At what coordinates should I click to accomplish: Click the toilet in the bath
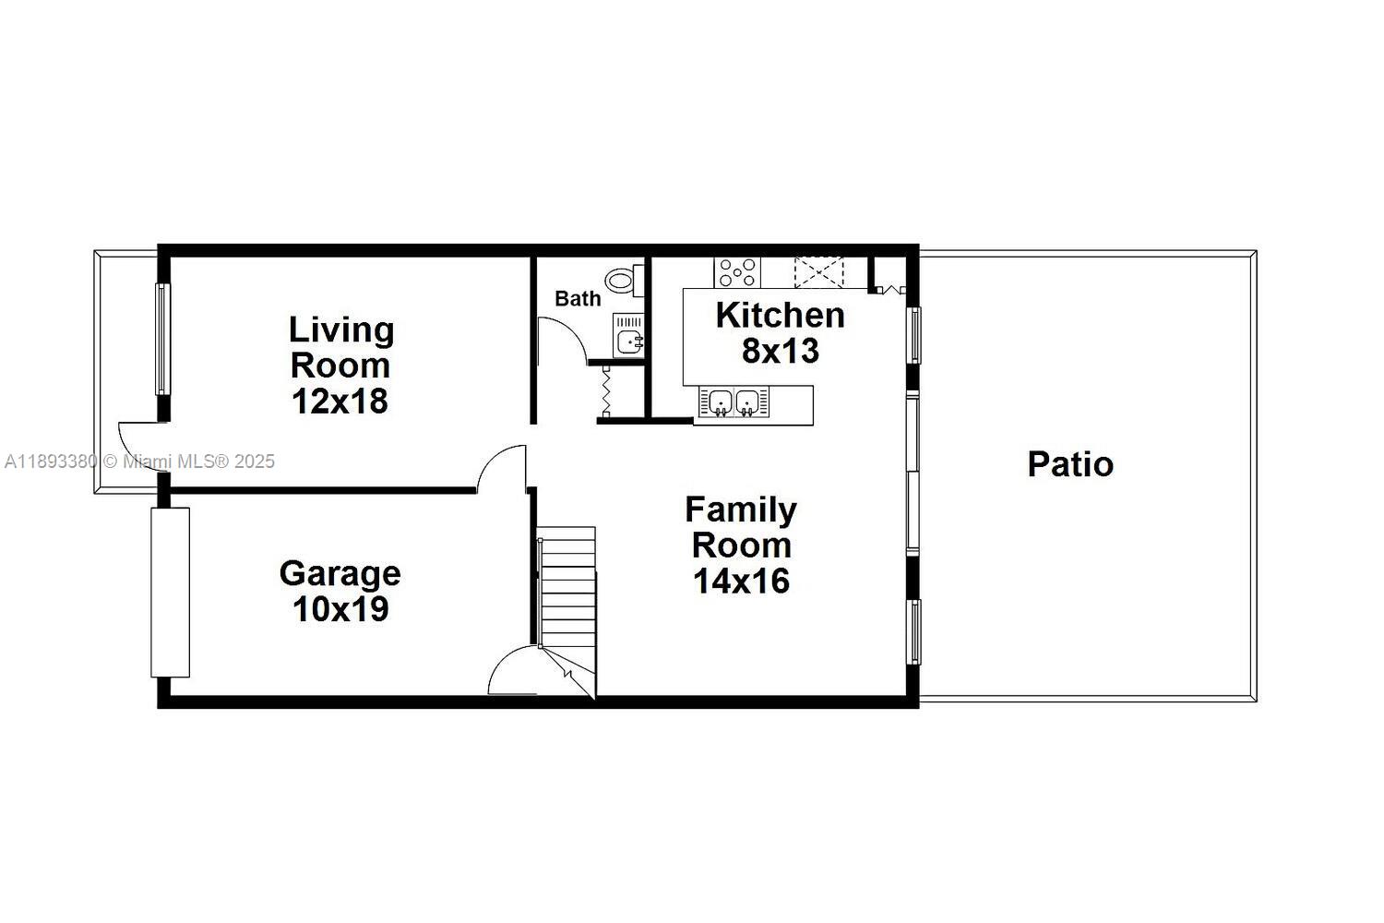tap(624, 281)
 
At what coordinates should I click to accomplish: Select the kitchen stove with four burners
tap(737, 272)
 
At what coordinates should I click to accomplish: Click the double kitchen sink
tap(734, 402)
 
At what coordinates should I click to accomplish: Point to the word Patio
tap(1070, 463)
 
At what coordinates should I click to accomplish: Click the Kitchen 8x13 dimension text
tap(781, 351)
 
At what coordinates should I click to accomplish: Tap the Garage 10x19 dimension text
tap(340, 609)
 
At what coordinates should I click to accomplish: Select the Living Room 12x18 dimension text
tap(340, 401)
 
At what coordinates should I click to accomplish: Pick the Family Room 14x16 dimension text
tap(742, 581)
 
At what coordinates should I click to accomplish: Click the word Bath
tap(578, 299)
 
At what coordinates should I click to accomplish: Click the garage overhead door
tap(170, 593)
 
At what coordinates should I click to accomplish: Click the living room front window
tap(161, 339)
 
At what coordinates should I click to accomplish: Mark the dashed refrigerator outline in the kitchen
tap(818, 272)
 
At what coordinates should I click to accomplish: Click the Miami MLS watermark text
tap(139, 461)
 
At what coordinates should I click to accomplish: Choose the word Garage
tap(340, 574)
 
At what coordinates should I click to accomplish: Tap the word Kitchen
tap(781, 316)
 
